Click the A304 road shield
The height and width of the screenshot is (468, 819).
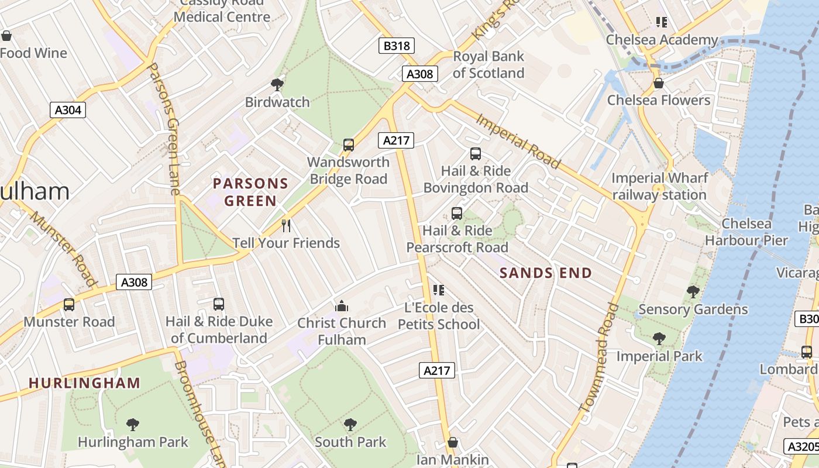(x=67, y=110)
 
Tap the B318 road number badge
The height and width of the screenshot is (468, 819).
(x=397, y=46)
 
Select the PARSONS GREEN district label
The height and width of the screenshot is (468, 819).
(x=251, y=192)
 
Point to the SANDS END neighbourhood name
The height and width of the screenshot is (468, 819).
(x=545, y=273)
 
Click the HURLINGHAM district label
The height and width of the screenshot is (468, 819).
(x=85, y=383)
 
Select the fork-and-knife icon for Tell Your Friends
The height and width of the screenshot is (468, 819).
(x=286, y=225)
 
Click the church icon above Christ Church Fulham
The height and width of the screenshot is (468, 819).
(x=342, y=305)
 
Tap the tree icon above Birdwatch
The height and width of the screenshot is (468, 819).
(x=277, y=85)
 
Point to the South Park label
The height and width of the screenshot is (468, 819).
(x=350, y=442)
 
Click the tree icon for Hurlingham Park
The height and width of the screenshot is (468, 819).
(x=133, y=424)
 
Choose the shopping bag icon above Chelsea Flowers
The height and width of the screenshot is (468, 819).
(x=659, y=83)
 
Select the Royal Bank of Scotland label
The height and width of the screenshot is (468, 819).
(x=488, y=64)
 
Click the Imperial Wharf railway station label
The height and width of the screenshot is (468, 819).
(x=659, y=186)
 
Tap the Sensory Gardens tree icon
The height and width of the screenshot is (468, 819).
(x=693, y=291)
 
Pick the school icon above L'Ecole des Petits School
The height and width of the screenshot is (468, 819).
(x=439, y=290)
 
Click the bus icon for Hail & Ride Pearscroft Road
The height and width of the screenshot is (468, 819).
(x=457, y=214)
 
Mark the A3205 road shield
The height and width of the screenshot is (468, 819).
(x=801, y=446)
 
